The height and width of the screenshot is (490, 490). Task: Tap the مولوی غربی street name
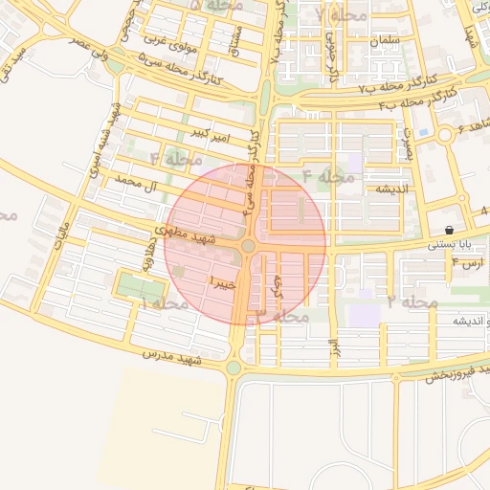click(x=168, y=42)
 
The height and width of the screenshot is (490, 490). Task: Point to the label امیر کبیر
click(x=210, y=131)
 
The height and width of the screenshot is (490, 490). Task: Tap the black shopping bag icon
click(x=449, y=230)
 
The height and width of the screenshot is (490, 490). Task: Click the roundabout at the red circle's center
click(x=248, y=247)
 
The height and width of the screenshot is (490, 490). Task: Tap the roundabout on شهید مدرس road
click(x=234, y=367)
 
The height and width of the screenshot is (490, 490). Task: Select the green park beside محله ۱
click(x=140, y=286)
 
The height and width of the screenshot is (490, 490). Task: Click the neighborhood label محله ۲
click(x=412, y=301)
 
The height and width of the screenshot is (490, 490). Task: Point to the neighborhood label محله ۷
click(x=341, y=16)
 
